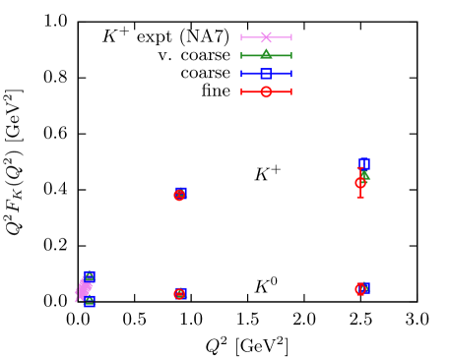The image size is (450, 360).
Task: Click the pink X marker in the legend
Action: pyautogui.click(x=266, y=37)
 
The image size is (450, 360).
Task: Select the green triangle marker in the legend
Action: pyautogui.click(x=266, y=55)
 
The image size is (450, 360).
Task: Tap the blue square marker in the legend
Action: pyautogui.click(x=266, y=74)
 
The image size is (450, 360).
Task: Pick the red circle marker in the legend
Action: pyautogui.click(x=266, y=91)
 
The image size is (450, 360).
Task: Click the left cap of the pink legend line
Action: pyautogui.click(x=241, y=37)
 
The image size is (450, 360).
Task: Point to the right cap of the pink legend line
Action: pyautogui.click(x=291, y=37)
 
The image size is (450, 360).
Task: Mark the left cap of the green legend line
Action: pyautogui.click(x=241, y=55)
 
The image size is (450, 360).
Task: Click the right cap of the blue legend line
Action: pyautogui.click(x=291, y=74)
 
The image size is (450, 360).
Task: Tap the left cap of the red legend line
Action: pyautogui.click(x=241, y=91)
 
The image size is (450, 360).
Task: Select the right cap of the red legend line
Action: pyautogui.click(x=291, y=91)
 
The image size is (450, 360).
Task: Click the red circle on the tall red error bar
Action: pyautogui.click(x=360, y=182)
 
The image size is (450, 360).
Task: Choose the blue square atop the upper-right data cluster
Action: pyautogui.click(x=363, y=163)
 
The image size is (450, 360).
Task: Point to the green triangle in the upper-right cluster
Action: pyautogui.click(x=365, y=174)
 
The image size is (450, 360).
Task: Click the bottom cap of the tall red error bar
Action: pyautogui.click(x=360, y=198)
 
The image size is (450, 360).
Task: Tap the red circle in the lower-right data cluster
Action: pyautogui.click(x=360, y=289)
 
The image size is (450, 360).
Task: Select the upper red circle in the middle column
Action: pyautogui.click(x=179, y=195)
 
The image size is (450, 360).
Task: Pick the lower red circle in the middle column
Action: pyautogui.click(x=179, y=293)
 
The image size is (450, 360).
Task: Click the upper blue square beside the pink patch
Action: pyautogui.click(x=90, y=276)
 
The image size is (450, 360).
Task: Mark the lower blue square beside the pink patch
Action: pyautogui.click(x=90, y=302)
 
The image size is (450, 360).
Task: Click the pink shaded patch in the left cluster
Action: pyautogui.click(x=84, y=290)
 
